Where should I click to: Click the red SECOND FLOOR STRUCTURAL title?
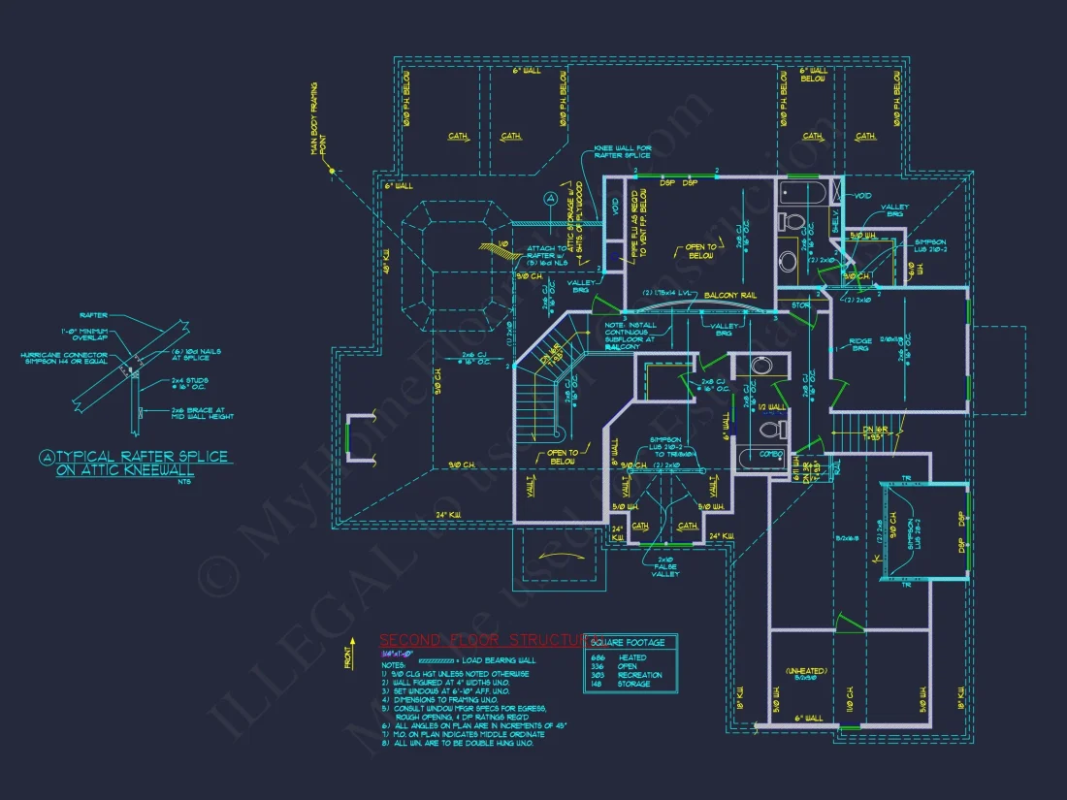point(481,640)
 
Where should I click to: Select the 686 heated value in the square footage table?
point(598,657)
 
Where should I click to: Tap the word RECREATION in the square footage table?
point(640,675)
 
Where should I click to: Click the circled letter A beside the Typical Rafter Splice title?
point(46,456)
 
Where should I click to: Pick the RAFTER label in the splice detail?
point(94,315)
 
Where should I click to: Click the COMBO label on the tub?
point(770,453)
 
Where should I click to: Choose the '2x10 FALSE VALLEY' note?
point(665,566)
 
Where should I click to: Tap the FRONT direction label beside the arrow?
point(348,659)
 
